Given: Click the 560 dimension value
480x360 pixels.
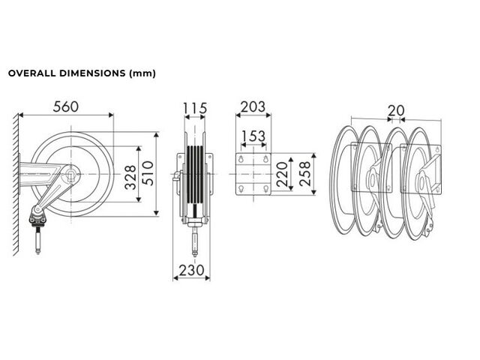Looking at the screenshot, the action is click(x=66, y=106).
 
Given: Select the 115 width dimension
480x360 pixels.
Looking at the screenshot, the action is click(x=195, y=108).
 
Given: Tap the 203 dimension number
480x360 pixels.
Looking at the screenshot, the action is click(x=253, y=106).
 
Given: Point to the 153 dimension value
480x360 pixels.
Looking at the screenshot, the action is click(x=253, y=136).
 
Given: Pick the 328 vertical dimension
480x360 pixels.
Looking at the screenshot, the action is click(x=130, y=177).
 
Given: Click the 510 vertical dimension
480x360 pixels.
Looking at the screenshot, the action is click(x=148, y=173).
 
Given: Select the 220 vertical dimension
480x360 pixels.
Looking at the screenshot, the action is click(x=282, y=174).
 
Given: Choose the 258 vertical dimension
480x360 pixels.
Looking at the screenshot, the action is click(x=305, y=174).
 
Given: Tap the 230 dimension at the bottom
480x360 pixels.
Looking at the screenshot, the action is click(x=192, y=270).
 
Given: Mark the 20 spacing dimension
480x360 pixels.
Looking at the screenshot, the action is click(x=396, y=110).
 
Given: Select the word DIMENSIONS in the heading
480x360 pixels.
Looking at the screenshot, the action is click(x=92, y=73).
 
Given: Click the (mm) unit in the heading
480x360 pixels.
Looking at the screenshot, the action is click(x=142, y=73).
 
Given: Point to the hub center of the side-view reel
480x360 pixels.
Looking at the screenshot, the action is click(x=71, y=174).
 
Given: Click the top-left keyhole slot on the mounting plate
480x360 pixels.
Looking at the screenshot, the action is click(x=241, y=159).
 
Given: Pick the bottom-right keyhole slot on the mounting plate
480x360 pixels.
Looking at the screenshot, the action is click(x=265, y=188).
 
